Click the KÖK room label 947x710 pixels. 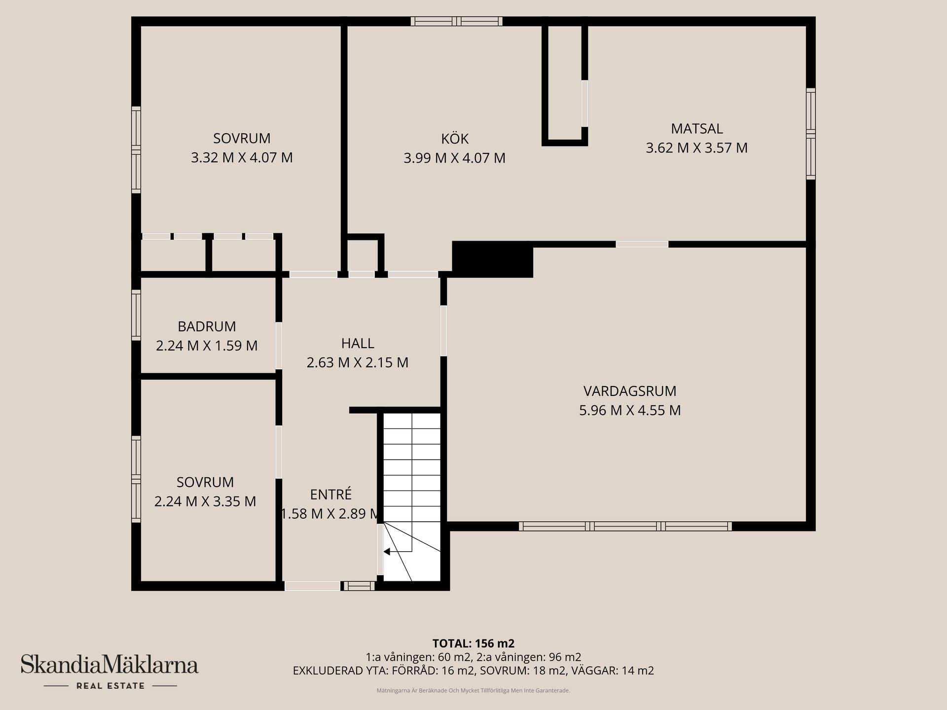point(454,139)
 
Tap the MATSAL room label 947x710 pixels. point(696,129)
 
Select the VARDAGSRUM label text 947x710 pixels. point(629,391)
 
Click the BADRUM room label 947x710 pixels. point(207,326)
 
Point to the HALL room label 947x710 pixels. point(357,343)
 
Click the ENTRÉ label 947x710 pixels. point(330,495)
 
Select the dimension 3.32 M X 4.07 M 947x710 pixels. point(242,158)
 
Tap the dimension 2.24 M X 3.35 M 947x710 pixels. point(205,501)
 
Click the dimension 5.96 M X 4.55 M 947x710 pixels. point(629,410)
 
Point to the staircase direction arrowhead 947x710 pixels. point(387,551)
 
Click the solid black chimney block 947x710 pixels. point(492,259)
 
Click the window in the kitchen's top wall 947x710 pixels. point(457,21)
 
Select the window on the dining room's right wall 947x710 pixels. point(810,134)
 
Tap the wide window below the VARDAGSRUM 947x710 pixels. point(625,526)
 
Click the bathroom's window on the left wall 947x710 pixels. point(136,315)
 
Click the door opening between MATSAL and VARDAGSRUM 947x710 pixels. point(642,244)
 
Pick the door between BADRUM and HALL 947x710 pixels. point(279,346)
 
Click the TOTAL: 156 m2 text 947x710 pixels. point(473,643)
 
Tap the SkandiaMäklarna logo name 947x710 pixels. point(109,665)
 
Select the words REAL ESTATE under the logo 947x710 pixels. point(110,686)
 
